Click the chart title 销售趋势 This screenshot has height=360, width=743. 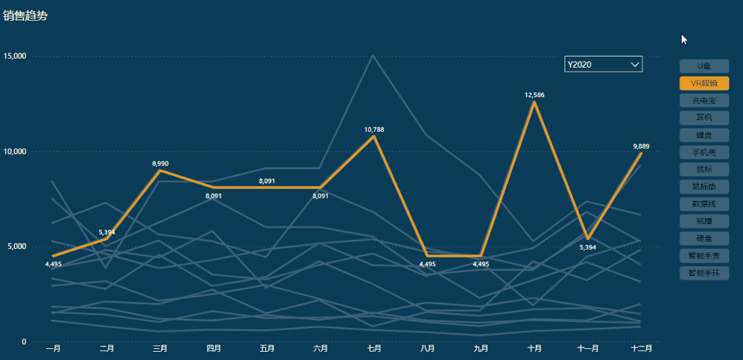(26, 15)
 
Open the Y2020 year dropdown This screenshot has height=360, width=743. (603, 64)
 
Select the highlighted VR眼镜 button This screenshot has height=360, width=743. (704, 83)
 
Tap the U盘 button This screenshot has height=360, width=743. (704, 66)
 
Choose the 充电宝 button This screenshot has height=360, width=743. (704, 101)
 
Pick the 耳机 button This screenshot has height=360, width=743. (704, 118)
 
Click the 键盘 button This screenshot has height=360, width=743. (704, 135)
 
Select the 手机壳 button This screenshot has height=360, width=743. (704, 152)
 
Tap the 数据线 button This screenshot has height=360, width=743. (704, 203)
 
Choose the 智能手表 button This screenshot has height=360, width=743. (704, 255)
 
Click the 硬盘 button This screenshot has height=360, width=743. (704, 238)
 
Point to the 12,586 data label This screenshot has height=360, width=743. (534, 95)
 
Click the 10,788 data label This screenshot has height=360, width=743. (374, 129)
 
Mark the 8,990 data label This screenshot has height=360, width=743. (160, 163)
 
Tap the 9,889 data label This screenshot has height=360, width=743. (641, 146)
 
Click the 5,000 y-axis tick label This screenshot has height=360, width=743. (17, 246)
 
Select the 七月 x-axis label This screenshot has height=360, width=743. (374, 349)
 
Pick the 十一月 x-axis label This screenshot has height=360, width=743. (588, 349)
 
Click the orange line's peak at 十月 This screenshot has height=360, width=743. (534, 102)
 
